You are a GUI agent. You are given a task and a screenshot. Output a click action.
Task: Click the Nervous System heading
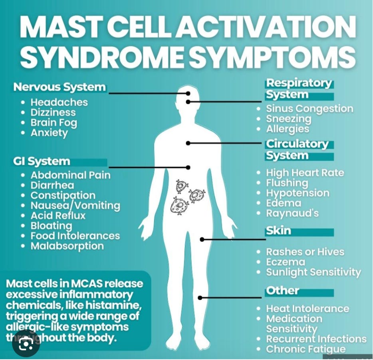pos(60,87)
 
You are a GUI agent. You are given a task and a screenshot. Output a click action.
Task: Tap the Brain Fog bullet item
pos(54,123)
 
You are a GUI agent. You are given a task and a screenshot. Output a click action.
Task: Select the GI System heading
pos(42,162)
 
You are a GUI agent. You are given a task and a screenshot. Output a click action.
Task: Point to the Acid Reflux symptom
pos(58,216)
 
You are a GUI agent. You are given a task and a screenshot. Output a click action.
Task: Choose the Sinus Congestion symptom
pos(310,109)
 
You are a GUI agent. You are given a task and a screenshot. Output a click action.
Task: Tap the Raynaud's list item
pos(292,213)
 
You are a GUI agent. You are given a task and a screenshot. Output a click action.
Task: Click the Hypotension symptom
pos(298,193)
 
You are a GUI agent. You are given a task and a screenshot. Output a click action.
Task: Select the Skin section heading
pos(278,231)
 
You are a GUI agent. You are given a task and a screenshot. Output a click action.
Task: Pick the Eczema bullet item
pos(286,262)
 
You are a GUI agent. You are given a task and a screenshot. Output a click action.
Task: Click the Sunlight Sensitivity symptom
pos(313,273)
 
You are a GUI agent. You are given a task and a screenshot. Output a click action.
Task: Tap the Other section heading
pos(282,291)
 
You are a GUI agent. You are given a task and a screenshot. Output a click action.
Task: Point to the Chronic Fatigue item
pos(306,349)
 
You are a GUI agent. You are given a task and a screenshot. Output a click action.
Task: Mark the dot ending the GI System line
pos(188,168)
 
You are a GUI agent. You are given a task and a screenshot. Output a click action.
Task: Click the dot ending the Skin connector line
pos(202,239)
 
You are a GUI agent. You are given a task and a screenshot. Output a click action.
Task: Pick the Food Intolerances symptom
pos(75,236)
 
